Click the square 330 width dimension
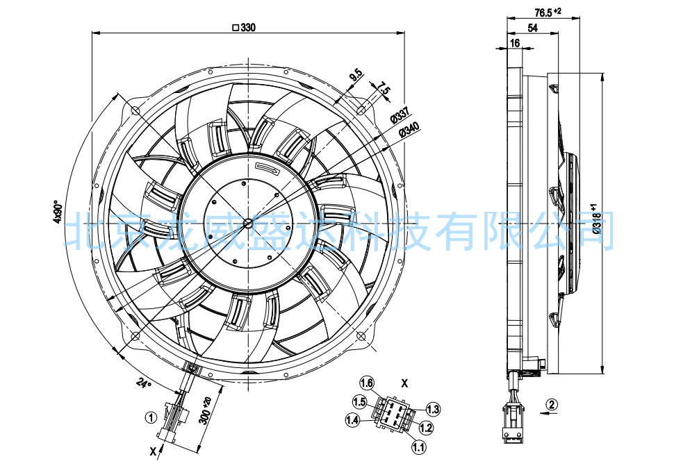click(244, 28)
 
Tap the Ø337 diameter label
click(400, 113)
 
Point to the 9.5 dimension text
click(356, 76)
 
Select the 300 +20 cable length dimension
click(206, 411)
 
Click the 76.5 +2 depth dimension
click(548, 12)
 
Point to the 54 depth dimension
click(532, 28)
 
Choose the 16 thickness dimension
click(515, 43)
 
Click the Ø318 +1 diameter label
click(596, 219)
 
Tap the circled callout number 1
click(151, 417)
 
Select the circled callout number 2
click(552, 404)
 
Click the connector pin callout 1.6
click(367, 383)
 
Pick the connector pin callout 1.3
click(433, 409)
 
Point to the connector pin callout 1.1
click(418, 447)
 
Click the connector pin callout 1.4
click(352, 419)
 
